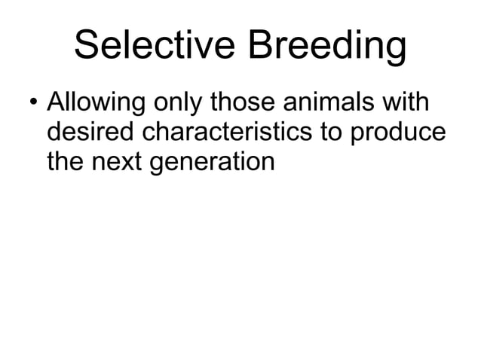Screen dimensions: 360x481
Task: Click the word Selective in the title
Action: (x=152, y=48)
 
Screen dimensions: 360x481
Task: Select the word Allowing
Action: (x=91, y=102)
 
